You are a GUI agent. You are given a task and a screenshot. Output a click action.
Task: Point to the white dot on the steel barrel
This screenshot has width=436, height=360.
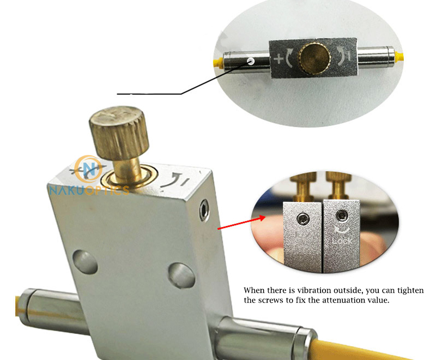click(x=250, y=62)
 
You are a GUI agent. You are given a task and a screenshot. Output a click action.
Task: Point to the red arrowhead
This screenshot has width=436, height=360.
click(x=262, y=218)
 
